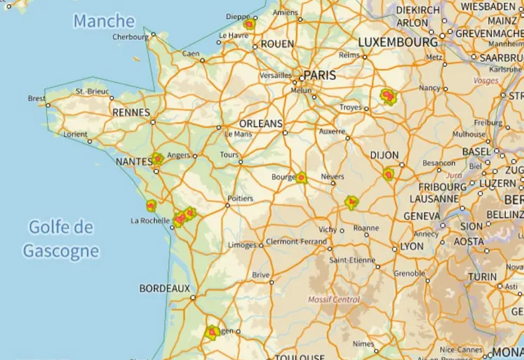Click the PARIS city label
click(319, 75)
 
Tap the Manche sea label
click(104, 21)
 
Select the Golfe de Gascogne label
click(60, 239)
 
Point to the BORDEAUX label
click(164, 288)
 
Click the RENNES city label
click(131, 112)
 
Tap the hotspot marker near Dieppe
click(248, 24)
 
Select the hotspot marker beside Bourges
click(302, 178)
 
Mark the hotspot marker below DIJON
click(389, 173)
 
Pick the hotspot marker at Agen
click(211, 332)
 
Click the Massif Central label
click(334, 300)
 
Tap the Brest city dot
click(48, 105)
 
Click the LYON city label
click(412, 247)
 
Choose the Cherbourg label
click(130, 37)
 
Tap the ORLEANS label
click(260, 123)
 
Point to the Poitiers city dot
click(228, 206)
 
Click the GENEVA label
click(422, 216)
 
